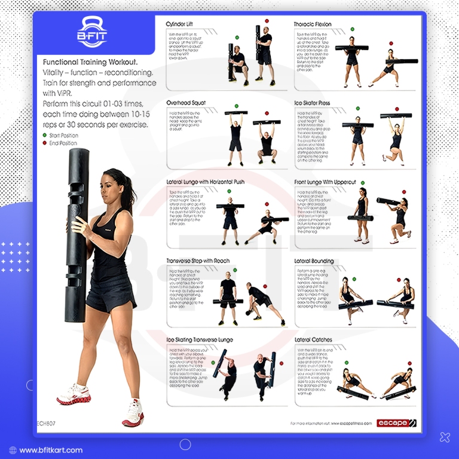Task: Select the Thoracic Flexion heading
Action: pyautogui.click(x=313, y=25)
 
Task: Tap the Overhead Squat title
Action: pyautogui.click(x=185, y=103)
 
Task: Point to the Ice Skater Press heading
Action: pyautogui.click(x=312, y=103)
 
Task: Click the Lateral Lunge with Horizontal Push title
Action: pyautogui.click(x=205, y=182)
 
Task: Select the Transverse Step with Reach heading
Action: pyautogui.click(x=198, y=261)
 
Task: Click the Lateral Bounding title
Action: pyautogui.click(x=314, y=261)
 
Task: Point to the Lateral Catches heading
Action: pyautogui.click(x=313, y=339)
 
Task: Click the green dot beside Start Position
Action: pyautogui.click(x=44, y=135)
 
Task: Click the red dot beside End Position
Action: pyautogui.click(x=44, y=143)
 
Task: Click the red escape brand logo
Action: pyautogui.click(x=397, y=423)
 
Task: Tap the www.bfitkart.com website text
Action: pyautogui.click(x=51, y=450)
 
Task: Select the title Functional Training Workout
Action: pyautogui.click(x=90, y=62)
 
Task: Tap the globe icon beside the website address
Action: pyautogui.click(x=13, y=450)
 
